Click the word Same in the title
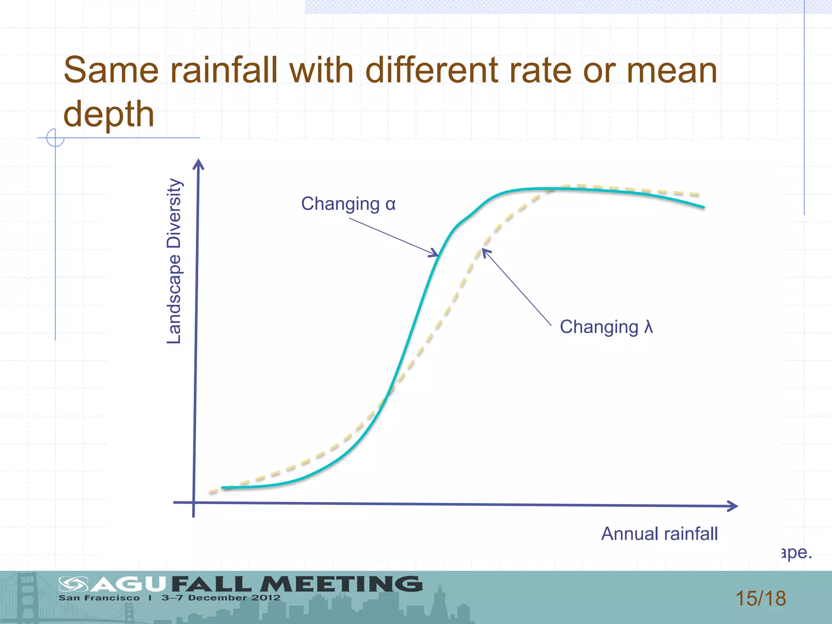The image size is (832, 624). tap(110, 70)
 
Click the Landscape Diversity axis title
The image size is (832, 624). tap(174, 261)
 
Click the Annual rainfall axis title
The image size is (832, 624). tap(659, 534)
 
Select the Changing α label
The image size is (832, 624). tap(348, 204)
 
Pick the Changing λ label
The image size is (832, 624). tap(606, 327)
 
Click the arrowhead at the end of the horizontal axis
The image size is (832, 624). tap(734, 506)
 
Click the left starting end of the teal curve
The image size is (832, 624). tap(223, 487)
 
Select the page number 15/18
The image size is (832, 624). tap(760, 598)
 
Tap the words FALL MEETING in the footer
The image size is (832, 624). tap(297, 584)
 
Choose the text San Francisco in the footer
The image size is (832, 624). tap(99, 598)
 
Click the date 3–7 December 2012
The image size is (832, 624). tap(221, 598)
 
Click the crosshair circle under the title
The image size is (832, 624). tap(55, 138)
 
